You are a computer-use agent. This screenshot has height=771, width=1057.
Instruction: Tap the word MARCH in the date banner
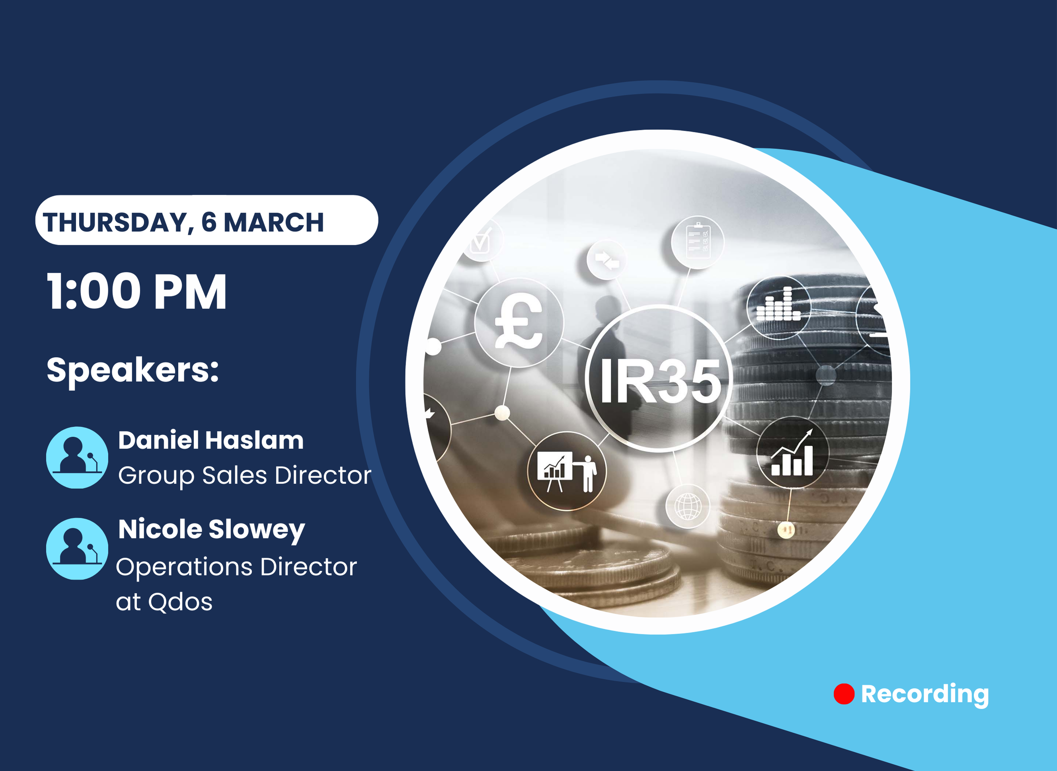pos(273,222)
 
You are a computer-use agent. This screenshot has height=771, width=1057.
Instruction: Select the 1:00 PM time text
pos(136,292)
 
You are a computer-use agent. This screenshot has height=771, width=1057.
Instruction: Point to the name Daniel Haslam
pos(211,440)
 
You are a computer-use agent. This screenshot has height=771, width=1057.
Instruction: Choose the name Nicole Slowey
pos(211,530)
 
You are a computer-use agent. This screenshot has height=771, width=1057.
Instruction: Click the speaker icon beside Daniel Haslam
pos(77,457)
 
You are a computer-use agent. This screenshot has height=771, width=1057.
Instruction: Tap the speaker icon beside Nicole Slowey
pos(77,549)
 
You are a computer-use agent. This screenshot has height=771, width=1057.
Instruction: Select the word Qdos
pos(180,602)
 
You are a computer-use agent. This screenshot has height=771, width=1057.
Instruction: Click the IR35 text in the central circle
pos(660,381)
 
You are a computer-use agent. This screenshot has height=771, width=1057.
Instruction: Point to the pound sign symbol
pos(519,322)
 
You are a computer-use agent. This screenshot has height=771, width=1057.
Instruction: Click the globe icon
pos(688,506)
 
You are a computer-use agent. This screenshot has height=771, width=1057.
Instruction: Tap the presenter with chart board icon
pos(567,471)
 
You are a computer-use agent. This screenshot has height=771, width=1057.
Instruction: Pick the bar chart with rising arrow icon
pos(792,453)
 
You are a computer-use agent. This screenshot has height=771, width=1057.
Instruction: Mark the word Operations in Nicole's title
pos(184,568)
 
